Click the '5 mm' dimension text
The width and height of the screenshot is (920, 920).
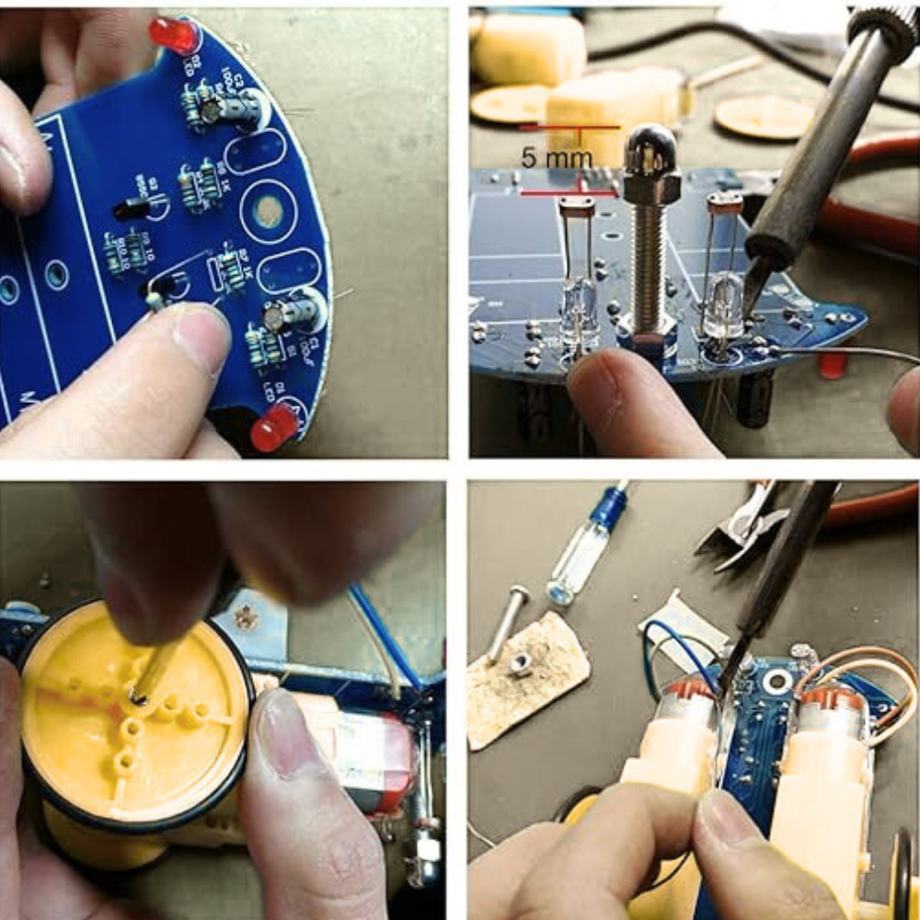(557, 158)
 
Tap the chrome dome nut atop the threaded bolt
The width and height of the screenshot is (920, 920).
(650, 148)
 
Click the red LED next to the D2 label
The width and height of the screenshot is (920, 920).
(174, 36)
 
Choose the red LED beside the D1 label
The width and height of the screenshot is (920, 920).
(274, 428)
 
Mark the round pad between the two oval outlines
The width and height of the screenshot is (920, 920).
(268, 211)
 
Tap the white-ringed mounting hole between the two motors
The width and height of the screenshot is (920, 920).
(777, 681)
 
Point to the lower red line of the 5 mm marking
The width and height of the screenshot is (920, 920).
(566, 193)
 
